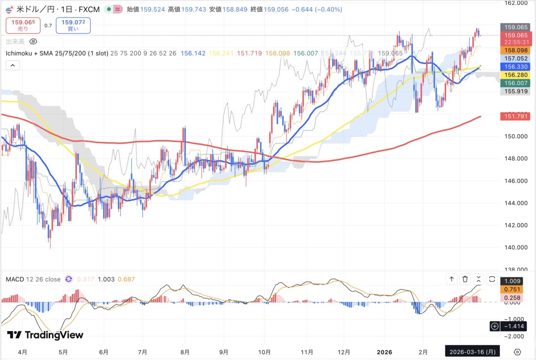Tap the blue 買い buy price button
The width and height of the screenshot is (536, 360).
pos(73,25)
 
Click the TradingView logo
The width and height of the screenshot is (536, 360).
pos(45,335)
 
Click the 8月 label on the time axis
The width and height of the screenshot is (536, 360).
pos(185,352)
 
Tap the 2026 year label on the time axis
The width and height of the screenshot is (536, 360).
pos(384,352)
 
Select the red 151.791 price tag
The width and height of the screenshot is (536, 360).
pos(515,117)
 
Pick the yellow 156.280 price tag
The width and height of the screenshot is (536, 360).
pos(515,74)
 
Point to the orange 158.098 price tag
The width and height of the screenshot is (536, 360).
pos(515,51)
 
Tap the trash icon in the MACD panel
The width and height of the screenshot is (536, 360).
pos(465,279)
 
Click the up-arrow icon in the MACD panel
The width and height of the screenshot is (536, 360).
pos(452,279)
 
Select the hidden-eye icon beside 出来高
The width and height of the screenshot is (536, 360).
pos(33,42)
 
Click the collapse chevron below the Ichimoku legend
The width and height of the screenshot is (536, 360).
pos(13,66)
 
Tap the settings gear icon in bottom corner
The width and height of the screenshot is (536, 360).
pos(517,352)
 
